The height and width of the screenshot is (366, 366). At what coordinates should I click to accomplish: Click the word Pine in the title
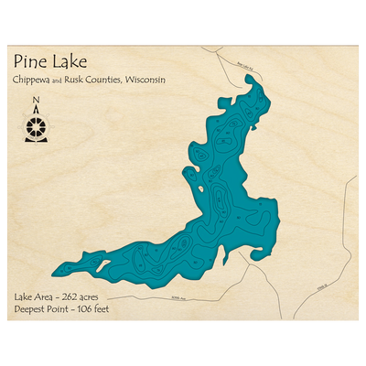tap(30, 62)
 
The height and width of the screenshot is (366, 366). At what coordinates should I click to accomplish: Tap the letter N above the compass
tap(36, 101)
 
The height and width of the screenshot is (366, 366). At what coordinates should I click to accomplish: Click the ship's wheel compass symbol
tap(36, 125)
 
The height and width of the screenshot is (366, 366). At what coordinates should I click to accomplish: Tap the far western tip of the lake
tap(54, 272)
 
